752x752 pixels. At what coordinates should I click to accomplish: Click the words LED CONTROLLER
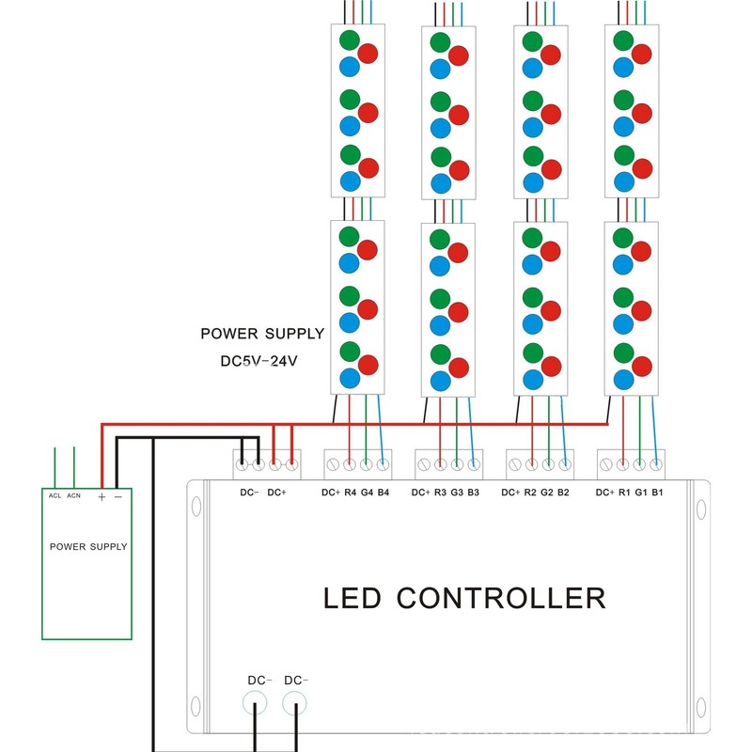coord(464,598)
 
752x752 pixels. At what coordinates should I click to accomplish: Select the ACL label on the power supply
coord(55,495)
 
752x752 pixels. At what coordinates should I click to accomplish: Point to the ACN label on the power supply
coord(73,495)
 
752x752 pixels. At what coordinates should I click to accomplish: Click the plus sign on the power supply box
coord(101,496)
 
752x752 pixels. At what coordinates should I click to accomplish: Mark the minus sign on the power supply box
coord(117,496)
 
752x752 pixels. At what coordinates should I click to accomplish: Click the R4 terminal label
coord(350,493)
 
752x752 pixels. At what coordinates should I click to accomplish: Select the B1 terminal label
coord(657,493)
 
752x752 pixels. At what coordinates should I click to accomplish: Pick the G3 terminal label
coord(457,493)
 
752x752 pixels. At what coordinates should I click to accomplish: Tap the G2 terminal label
coord(548,493)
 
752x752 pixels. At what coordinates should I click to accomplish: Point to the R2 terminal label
coord(531,493)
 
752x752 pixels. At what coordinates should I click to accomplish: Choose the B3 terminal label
coord(473,493)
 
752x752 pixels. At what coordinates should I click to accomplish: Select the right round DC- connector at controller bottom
coord(295,701)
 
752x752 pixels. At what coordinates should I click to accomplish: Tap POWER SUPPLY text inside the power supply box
coord(88,546)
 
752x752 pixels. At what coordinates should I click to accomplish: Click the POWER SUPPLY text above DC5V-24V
coord(262,334)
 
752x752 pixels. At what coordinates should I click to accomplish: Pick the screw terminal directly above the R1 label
coord(623,463)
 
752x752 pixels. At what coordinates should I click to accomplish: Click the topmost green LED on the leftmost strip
coord(351,40)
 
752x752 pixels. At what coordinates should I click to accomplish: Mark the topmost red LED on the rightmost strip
coord(643,55)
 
